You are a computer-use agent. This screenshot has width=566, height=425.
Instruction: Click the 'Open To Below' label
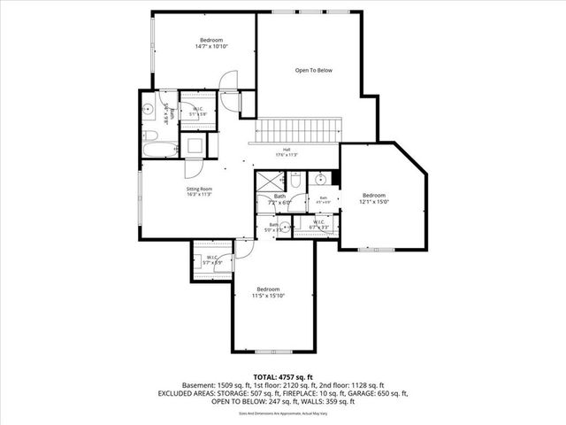(x=313, y=70)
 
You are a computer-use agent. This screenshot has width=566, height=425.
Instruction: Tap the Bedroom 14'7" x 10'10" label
(x=210, y=43)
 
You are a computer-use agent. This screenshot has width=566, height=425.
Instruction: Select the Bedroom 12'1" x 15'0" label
(x=374, y=198)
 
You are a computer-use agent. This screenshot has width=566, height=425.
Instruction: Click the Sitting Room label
(x=199, y=192)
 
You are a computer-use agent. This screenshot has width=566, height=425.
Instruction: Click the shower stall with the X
(x=265, y=181)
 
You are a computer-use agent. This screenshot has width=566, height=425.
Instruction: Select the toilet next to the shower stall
(x=297, y=180)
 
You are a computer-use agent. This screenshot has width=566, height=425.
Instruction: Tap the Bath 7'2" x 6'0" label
(x=279, y=199)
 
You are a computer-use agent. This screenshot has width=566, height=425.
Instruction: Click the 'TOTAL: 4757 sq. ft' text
(x=282, y=376)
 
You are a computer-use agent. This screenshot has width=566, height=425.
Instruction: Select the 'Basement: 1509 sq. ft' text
(x=213, y=385)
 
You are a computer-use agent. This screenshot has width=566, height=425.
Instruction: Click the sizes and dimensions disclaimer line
(x=282, y=413)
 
